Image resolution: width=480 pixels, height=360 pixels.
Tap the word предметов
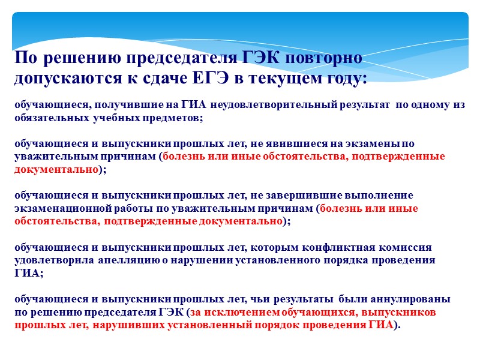(x=178, y=118)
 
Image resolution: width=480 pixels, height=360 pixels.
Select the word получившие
(x=124, y=105)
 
